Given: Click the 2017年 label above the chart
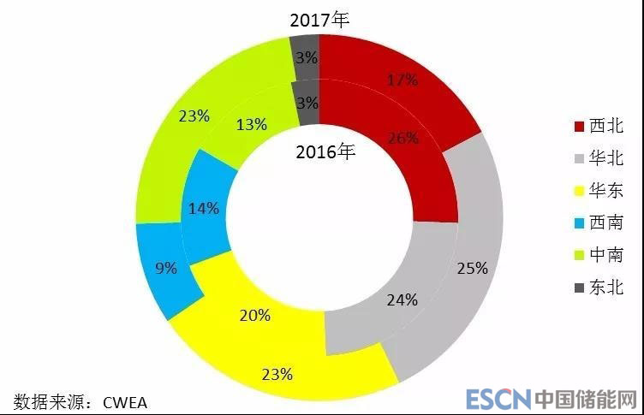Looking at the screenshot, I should (x=321, y=20).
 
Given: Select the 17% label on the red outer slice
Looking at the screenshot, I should (x=402, y=80).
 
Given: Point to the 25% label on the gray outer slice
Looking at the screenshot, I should (x=472, y=268).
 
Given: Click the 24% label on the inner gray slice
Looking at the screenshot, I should (x=402, y=299).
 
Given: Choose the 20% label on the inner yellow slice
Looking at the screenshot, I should (x=255, y=315).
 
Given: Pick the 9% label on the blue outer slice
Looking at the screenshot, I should (x=166, y=268).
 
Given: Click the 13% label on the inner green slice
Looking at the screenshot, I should (x=251, y=125).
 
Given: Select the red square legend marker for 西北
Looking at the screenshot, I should (x=578, y=127).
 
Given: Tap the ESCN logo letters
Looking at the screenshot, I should (x=498, y=399).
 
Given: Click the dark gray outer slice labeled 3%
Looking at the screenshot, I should (x=304, y=58).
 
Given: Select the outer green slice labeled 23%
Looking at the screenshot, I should (x=194, y=116).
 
